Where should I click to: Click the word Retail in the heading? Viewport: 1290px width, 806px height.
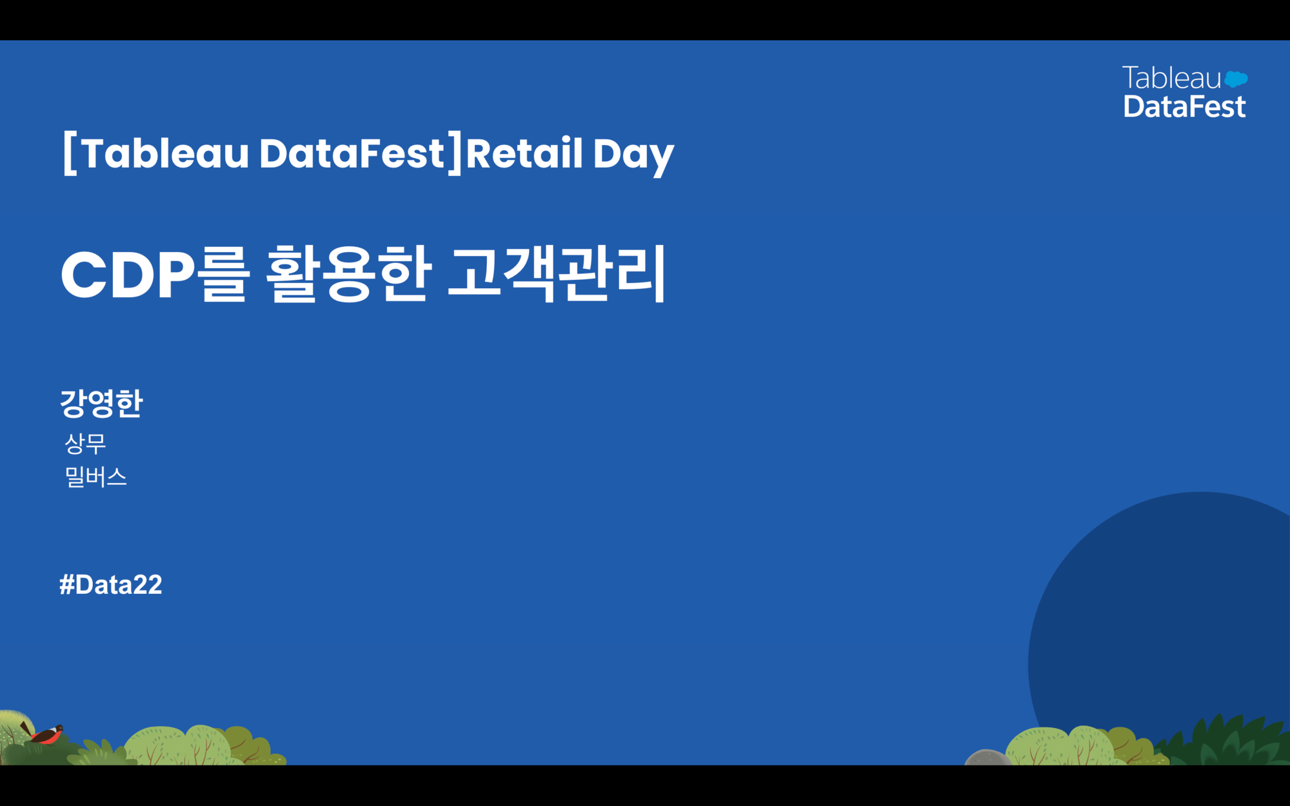tap(524, 153)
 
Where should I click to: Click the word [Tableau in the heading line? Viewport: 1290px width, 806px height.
tap(155, 153)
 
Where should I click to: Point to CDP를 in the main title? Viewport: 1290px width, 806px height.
tap(155, 275)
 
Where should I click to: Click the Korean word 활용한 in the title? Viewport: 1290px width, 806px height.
tap(348, 275)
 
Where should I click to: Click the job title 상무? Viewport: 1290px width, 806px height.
tap(85, 444)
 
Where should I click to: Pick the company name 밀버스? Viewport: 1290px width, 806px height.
tap(96, 477)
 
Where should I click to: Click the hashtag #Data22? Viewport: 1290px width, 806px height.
tap(111, 585)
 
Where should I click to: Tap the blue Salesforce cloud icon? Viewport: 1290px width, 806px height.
tap(1236, 79)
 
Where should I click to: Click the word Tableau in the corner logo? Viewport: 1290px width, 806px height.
tap(1172, 78)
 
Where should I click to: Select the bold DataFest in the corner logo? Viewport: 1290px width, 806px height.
tap(1184, 106)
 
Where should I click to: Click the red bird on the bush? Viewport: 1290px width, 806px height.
tap(46, 733)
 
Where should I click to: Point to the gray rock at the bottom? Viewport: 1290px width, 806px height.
tap(987, 758)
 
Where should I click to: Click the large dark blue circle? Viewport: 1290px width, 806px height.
tap(1161, 619)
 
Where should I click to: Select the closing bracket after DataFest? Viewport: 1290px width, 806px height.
tap(455, 153)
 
